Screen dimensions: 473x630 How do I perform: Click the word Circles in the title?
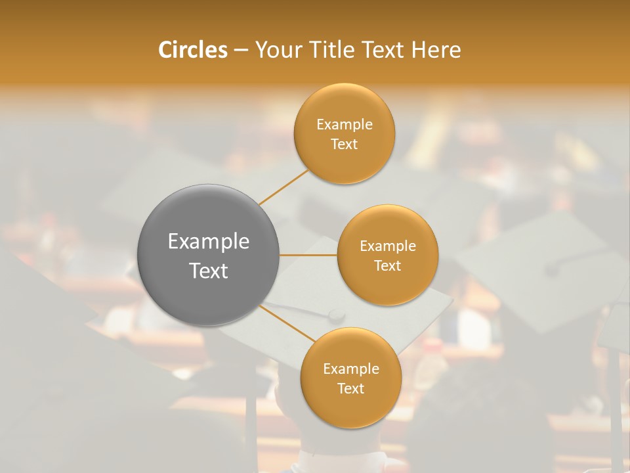pyautogui.click(x=192, y=50)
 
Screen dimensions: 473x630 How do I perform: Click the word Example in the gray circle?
pyautogui.click(x=209, y=242)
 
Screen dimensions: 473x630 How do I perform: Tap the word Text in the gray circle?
pyautogui.click(x=209, y=271)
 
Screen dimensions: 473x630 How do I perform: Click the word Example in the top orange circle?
pyautogui.click(x=345, y=125)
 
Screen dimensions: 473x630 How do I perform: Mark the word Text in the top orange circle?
pyautogui.click(x=345, y=145)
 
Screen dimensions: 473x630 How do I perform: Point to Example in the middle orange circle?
pyautogui.click(x=388, y=246)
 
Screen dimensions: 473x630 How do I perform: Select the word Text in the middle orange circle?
pyautogui.click(x=388, y=266)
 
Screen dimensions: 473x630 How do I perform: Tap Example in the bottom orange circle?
pyautogui.click(x=351, y=369)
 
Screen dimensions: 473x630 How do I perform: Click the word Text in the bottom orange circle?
pyautogui.click(x=351, y=389)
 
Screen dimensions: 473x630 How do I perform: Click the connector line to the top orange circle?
pyautogui.click(x=283, y=187)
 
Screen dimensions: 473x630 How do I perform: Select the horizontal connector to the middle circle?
pyautogui.click(x=308, y=254)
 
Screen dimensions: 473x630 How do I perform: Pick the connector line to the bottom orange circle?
pyautogui.click(x=287, y=323)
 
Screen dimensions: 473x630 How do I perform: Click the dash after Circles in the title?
pyautogui.click(x=241, y=50)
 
